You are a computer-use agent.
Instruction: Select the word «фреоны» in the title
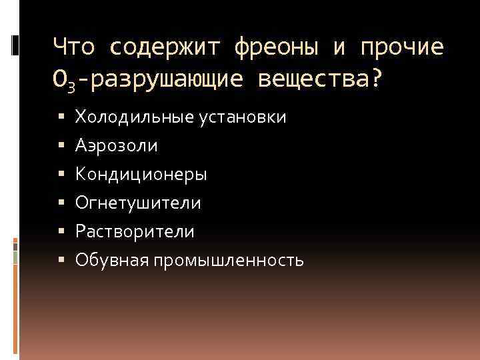pyautogui.click(x=278, y=47)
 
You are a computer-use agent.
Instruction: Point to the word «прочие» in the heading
pyautogui.click(x=402, y=47)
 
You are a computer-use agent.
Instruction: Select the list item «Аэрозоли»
pyautogui.click(x=117, y=145)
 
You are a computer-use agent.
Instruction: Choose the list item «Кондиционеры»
pyautogui.click(x=141, y=174)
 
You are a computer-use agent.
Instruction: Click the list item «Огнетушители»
pyautogui.click(x=138, y=203)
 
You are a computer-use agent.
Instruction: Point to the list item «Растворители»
pyautogui.click(x=135, y=231)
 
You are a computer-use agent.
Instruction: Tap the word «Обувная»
pyautogui.click(x=111, y=260)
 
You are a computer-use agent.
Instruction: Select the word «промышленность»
pyautogui.click(x=228, y=260)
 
